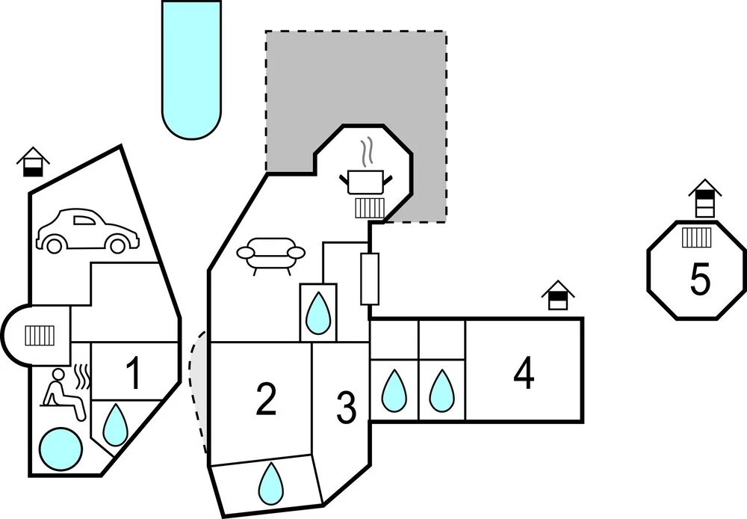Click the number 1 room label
coord(133,375)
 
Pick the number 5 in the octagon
coord(700,280)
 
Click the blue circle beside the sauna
coord(60,447)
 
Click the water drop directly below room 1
coord(114,426)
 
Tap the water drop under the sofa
coord(318,313)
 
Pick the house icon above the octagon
coord(705,198)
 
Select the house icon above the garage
coord(33,162)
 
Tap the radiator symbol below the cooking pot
coord(369,206)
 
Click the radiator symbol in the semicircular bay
coord(38,335)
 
